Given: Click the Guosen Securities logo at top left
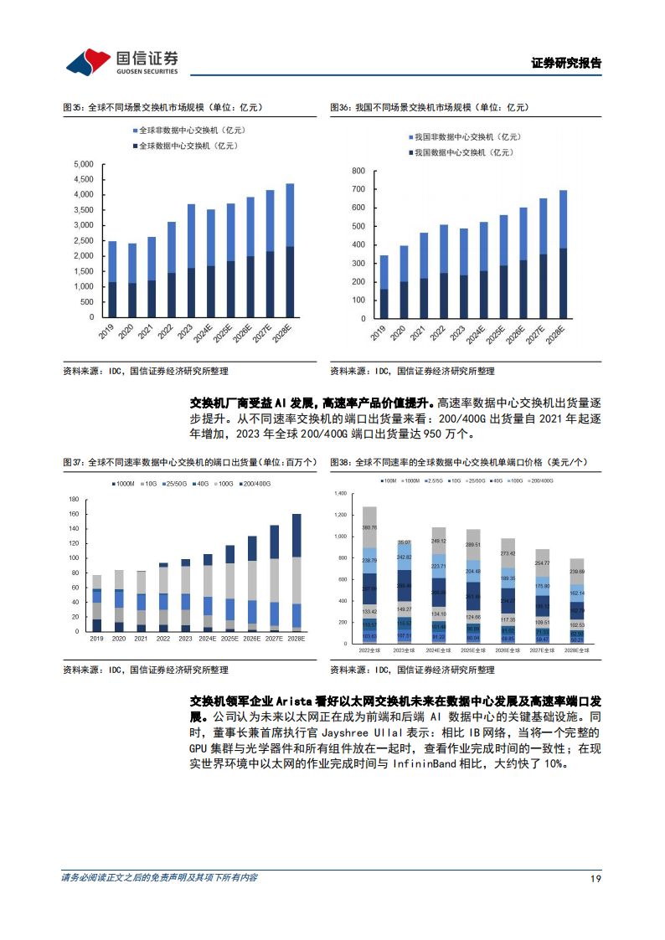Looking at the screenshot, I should click(x=122, y=60).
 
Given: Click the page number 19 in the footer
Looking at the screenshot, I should click(x=595, y=878).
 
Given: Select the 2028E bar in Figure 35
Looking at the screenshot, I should click(x=290, y=251).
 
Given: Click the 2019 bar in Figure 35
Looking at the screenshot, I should click(x=111, y=279).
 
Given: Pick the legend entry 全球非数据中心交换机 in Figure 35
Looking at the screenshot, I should click(x=188, y=130).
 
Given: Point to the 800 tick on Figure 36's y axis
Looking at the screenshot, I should click(x=358, y=171).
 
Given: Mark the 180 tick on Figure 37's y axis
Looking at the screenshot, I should click(x=72, y=499).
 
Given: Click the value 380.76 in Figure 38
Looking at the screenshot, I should click(x=369, y=527).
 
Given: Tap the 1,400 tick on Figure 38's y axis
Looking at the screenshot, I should click(x=339, y=493).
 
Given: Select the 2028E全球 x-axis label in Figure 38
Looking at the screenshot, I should click(x=577, y=650).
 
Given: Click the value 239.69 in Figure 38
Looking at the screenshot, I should click(x=577, y=573).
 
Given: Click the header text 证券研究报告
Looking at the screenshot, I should click(x=566, y=63).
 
